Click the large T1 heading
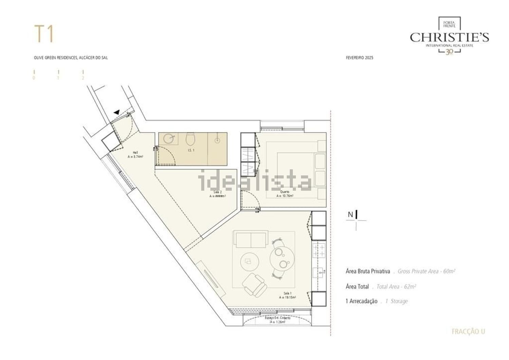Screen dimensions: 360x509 (44, 34)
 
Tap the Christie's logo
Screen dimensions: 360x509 (449, 36)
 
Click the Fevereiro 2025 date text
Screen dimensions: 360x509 (359, 58)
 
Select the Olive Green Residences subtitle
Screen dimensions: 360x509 (71, 58)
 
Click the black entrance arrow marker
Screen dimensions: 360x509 (117, 112)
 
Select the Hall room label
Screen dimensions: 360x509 (135, 155)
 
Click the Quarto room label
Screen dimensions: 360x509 (284, 194)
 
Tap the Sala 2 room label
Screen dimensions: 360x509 (218, 194)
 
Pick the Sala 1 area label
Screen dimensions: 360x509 (287, 295)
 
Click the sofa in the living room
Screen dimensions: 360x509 (251, 240)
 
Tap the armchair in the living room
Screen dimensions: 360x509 (254, 284)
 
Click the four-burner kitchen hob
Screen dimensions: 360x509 (319, 251)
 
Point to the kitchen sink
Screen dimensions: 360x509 (319, 272)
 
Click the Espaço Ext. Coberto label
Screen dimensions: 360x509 (277, 320)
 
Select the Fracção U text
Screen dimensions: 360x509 (468, 331)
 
